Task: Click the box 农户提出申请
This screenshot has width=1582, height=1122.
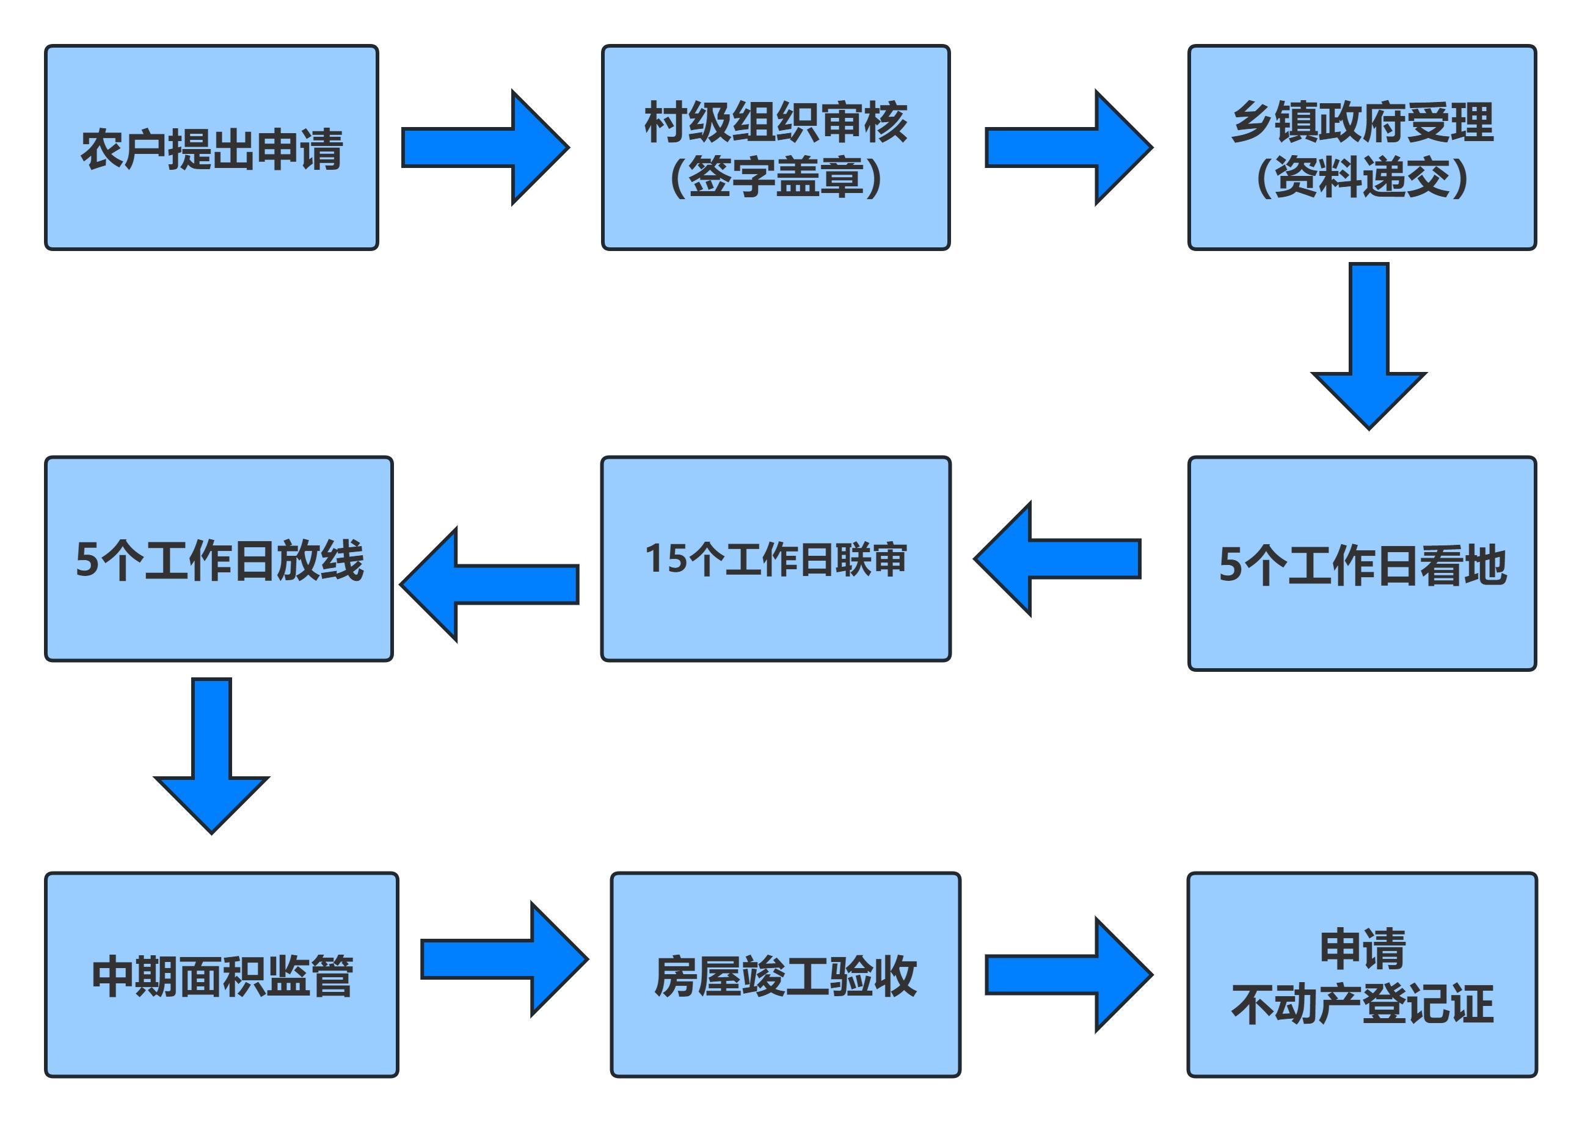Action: click(x=211, y=148)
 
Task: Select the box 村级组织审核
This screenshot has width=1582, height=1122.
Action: click(x=776, y=148)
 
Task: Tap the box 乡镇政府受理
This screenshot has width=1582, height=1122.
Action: click(x=1362, y=148)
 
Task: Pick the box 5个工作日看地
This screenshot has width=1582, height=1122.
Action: click(x=1362, y=563)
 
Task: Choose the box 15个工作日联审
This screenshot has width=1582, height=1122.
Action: click(x=776, y=559)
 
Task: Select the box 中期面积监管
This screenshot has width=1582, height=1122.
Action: click(x=222, y=975)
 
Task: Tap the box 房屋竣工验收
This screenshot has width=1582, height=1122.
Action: click(x=786, y=975)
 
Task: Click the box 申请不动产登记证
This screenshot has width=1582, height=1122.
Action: click(x=1362, y=975)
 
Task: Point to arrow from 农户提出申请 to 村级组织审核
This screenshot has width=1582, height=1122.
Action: click(x=485, y=147)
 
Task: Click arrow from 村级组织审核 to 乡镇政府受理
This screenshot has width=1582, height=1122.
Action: click(x=1069, y=147)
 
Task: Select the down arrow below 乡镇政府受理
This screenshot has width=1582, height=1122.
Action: click(x=1369, y=346)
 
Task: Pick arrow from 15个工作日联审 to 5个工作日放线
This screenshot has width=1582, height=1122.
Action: click(x=490, y=585)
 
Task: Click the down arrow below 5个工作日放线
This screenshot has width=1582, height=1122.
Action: click(x=211, y=756)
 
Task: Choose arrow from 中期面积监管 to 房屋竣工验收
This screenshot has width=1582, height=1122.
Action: click(x=505, y=959)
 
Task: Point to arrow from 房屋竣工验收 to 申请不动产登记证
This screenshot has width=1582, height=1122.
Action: click(x=1069, y=975)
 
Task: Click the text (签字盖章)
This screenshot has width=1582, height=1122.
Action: click(x=776, y=178)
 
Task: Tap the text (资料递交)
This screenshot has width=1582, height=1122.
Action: click(x=1362, y=178)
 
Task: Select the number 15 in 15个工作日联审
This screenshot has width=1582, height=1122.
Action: click(x=666, y=558)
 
